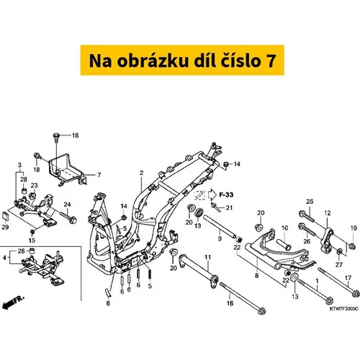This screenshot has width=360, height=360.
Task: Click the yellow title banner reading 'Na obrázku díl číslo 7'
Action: point(182,60)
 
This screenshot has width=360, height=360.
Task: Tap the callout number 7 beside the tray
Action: point(99,175)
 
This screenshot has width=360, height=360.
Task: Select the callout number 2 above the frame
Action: point(141,173)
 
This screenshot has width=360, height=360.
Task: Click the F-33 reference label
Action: point(226,194)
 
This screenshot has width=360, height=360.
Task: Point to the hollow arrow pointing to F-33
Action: point(212,194)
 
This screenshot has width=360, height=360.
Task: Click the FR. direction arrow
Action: point(13,302)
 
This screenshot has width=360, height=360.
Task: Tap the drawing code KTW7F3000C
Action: point(344,308)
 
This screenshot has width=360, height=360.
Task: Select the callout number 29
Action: point(5,227)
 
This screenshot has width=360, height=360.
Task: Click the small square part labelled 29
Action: point(6,216)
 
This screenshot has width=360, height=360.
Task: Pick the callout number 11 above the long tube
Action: point(207,257)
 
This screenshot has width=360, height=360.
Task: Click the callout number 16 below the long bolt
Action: point(230,303)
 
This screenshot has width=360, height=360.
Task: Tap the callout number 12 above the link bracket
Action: point(328,213)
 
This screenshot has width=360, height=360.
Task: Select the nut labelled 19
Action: point(352,246)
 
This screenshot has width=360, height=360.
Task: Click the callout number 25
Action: point(310,202)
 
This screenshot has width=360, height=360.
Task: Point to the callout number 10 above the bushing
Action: point(284,228)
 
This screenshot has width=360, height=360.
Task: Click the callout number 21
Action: point(229,207)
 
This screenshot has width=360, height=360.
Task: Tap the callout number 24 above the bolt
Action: point(67,204)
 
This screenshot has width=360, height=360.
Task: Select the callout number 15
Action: point(32,240)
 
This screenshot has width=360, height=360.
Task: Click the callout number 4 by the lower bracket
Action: point(4,258)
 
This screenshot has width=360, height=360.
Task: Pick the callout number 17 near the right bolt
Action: point(348,278)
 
